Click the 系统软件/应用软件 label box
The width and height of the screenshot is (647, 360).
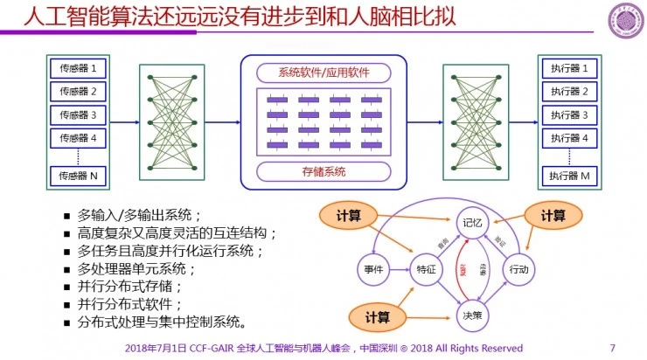click(x=323, y=72)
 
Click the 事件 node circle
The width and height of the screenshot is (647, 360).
click(x=373, y=269)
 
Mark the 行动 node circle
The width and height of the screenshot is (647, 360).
click(x=518, y=269)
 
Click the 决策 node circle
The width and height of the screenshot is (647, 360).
click(x=472, y=315)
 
